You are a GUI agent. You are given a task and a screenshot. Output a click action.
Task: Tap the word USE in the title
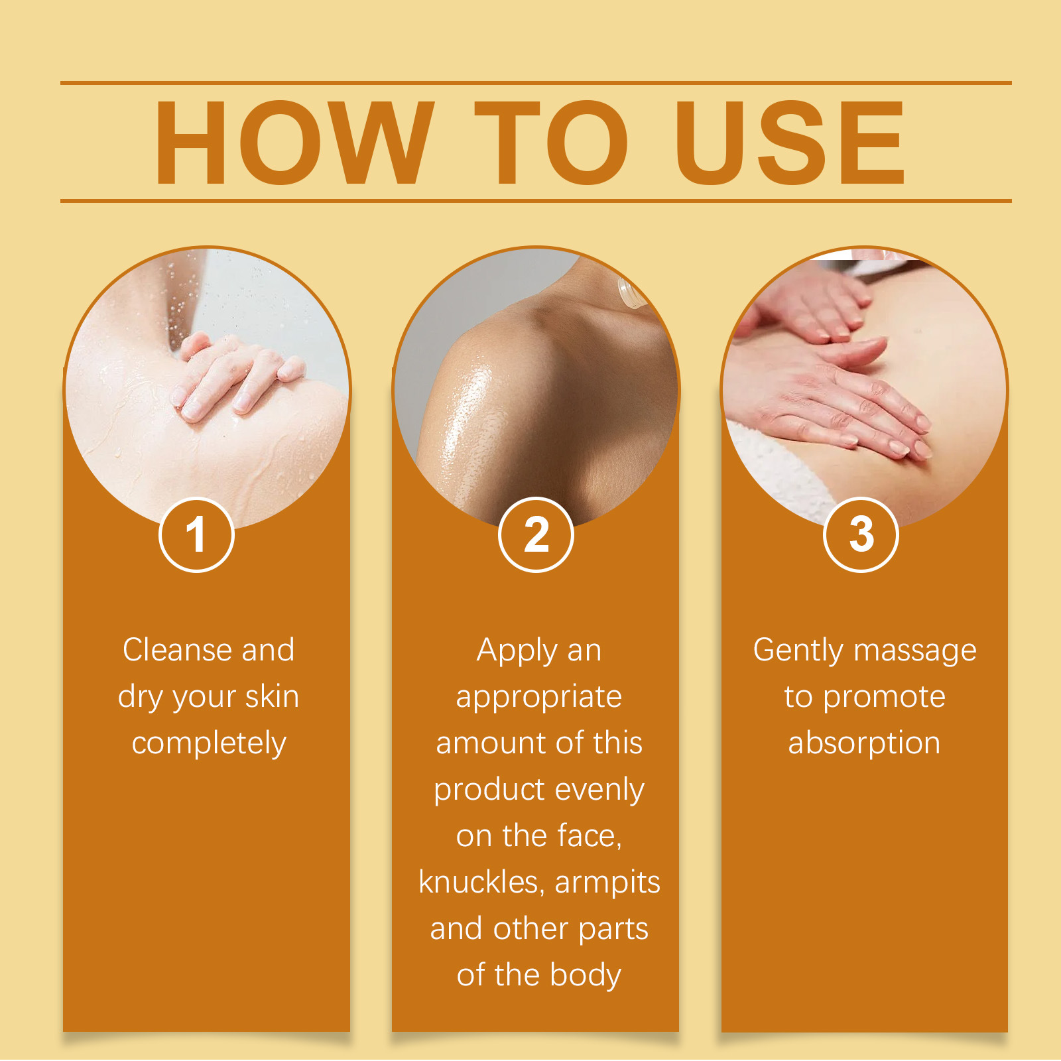pos(790,143)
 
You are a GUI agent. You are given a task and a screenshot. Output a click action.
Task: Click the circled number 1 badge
pos(196,534)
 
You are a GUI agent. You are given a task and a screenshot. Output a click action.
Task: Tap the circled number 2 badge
pos(536,534)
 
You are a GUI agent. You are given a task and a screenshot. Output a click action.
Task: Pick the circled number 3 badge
pos(861,534)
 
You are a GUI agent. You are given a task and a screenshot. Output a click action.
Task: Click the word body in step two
pos(586,975)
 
